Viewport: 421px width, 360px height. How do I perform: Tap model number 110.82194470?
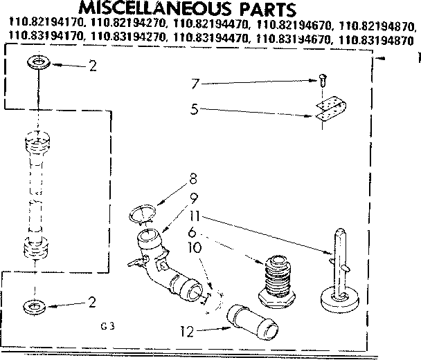[x=208, y=27]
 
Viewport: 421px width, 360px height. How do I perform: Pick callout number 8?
[x=192, y=185]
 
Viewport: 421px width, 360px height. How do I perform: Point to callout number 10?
[x=195, y=247]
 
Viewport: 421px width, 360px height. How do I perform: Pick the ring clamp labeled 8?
[x=144, y=214]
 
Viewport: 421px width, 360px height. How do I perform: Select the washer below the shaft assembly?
[x=34, y=305]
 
